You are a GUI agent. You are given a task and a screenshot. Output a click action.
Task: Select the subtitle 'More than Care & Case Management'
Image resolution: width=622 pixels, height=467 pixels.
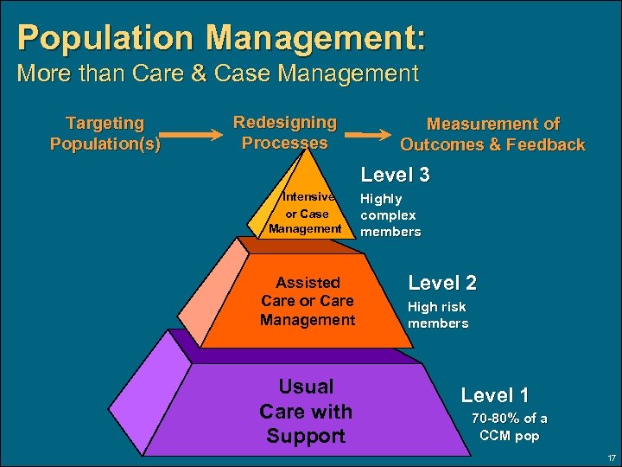click(218, 74)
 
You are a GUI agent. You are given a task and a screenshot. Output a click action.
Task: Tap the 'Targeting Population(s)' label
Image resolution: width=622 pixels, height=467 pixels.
click(105, 133)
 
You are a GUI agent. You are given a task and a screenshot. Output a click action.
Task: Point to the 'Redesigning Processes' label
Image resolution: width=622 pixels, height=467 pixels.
click(284, 132)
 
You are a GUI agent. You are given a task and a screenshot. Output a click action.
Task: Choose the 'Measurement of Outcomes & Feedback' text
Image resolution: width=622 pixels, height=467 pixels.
click(492, 134)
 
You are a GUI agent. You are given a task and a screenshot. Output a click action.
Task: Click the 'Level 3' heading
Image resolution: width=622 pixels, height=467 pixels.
click(395, 175)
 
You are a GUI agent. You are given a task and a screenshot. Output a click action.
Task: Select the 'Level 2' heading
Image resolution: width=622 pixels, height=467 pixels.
click(441, 283)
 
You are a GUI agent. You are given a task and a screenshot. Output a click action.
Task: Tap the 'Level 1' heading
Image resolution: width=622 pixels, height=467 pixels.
click(494, 395)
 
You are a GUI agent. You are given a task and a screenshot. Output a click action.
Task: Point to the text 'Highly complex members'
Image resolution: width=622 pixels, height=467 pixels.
click(390, 215)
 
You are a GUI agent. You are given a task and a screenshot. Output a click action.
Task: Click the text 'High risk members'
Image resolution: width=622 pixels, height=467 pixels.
click(437, 315)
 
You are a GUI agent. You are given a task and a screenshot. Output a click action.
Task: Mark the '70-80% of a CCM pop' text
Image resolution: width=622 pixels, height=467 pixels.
click(509, 427)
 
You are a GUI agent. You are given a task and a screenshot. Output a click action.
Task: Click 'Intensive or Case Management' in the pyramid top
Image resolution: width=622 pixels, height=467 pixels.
click(305, 213)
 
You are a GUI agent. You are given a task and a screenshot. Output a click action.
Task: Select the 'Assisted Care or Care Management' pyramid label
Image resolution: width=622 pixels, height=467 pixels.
click(308, 301)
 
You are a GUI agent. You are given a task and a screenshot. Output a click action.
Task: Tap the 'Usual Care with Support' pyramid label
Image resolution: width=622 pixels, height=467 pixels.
click(305, 411)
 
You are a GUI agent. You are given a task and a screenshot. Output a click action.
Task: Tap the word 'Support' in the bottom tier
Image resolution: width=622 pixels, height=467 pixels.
click(305, 436)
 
